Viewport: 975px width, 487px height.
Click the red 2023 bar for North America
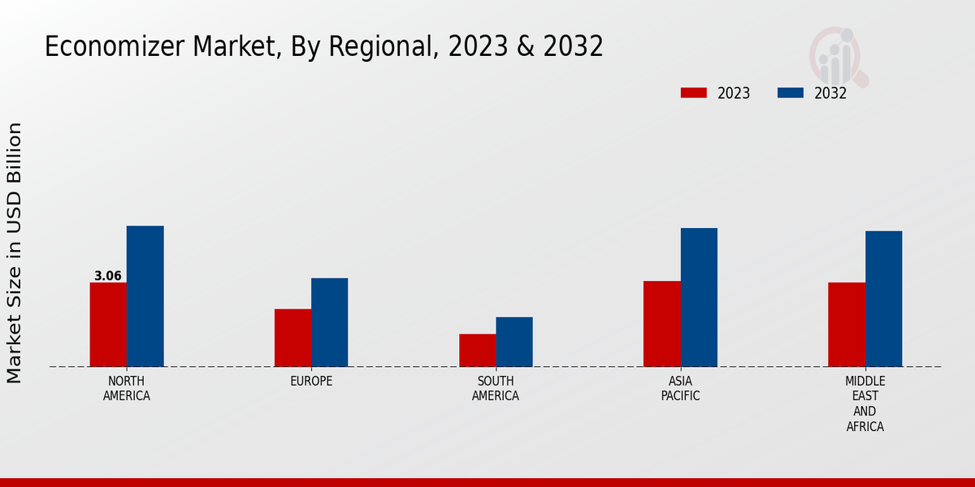[108, 325]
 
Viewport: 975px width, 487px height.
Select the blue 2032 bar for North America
[145, 296]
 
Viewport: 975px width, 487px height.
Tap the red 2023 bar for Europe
[292, 338]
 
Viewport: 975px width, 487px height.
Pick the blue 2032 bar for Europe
[329, 322]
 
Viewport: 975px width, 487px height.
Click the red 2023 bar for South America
[477, 350]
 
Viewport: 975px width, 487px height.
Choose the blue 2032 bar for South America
[514, 342]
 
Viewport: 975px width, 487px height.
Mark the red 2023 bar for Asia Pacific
[661, 324]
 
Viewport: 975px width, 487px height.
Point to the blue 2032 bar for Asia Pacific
[699, 297]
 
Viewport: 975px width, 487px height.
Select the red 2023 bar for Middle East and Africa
[847, 325]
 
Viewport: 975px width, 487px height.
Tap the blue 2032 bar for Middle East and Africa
[883, 299]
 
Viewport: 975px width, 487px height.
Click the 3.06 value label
[108, 276]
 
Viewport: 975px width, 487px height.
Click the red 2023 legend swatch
[693, 93]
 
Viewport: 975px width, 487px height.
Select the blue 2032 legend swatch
[790, 93]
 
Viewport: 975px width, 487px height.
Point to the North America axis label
[127, 389]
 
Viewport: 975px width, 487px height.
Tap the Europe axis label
[311, 381]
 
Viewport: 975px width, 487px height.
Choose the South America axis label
[496, 389]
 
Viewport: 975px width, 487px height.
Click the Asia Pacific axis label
[680, 389]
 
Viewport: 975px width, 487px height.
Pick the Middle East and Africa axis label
[865, 403]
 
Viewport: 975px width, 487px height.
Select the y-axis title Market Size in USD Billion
[15, 252]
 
